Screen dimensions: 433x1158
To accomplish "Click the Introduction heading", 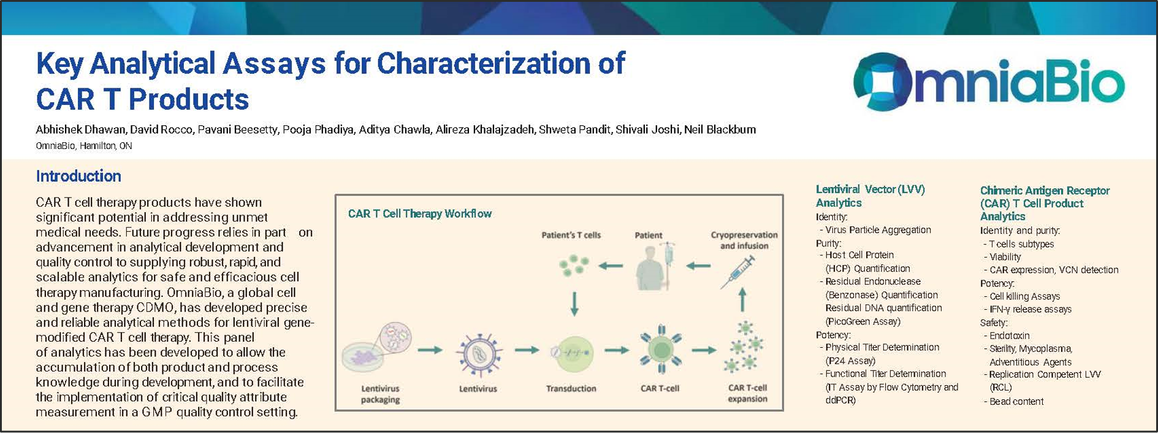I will [x=78, y=177].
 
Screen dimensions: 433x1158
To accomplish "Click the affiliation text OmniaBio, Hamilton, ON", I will [x=84, y=146].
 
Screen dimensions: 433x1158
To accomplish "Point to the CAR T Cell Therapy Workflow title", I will [x=419, y=213].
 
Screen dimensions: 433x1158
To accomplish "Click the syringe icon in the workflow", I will [x=737, y=272].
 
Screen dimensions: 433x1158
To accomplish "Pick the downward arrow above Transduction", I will [x=574, y=304].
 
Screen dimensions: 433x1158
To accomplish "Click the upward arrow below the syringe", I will [x=742, y=301].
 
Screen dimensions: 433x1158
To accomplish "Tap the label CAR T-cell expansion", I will [x=747, y=393].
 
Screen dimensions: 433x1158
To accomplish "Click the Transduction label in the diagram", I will [x=571, y=388].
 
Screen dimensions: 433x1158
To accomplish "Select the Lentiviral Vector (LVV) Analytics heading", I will [x=869, y=196].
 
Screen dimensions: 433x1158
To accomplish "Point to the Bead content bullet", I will [x=1016, y=401].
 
